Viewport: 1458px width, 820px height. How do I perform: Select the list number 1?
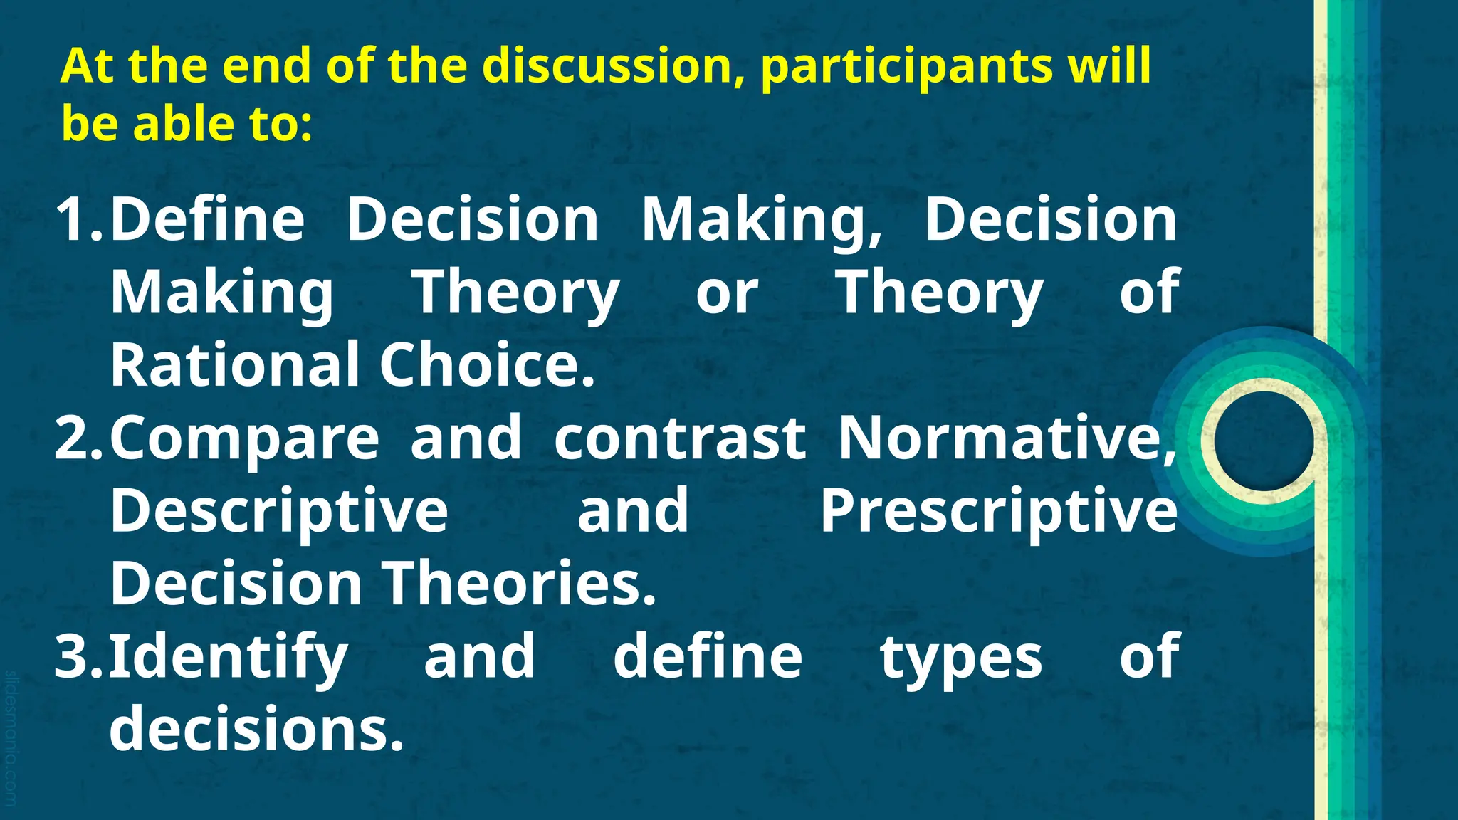click(x=75, y=220)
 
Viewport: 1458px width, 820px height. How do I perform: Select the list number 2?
click(x=75, y=438)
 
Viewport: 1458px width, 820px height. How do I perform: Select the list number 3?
click(x=75, y=656)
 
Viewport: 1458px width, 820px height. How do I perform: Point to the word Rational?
click(x=235, y=365)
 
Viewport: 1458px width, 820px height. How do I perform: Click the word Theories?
click(x=520, y=584)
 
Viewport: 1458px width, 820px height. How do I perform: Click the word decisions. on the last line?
click(x=256, y=729)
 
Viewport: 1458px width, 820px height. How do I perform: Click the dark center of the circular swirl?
click(x=1263, y=441)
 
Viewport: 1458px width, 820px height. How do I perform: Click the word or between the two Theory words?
click(x=727, y=293)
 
